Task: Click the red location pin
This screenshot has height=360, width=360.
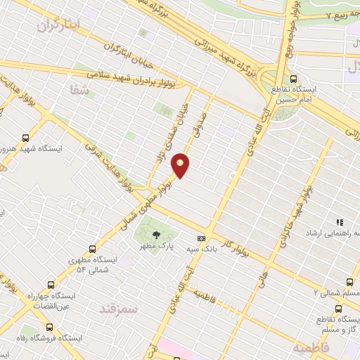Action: click(181, 165)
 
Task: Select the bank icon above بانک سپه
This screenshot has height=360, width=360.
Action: click(202, 238)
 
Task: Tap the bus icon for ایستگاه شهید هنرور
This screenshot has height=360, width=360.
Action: click(26, 139)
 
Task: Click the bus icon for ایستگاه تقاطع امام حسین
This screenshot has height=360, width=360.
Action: click(293, 79)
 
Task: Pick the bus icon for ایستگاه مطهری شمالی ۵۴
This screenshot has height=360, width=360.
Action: click(92, 249)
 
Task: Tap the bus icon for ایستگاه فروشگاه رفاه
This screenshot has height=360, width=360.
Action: click(49, 327)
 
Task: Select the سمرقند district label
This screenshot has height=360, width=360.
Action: click(119, 309)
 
